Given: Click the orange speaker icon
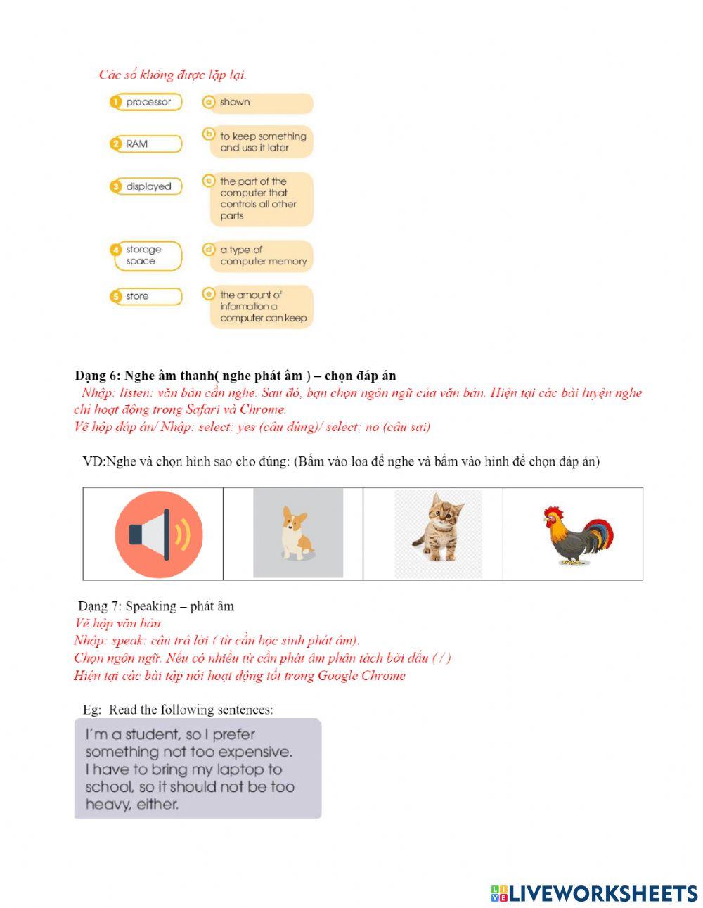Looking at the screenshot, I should [x=159, y=535].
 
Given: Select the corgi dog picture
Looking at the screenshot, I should [x=297, y=533].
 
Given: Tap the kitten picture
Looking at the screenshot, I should [x=438, y=533].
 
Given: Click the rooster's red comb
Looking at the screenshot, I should [x=554, y=513].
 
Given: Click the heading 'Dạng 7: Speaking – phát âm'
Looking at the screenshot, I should [x=156, y=606].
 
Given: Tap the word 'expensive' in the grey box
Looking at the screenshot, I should [x=254, y=752].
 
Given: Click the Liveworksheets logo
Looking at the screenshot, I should [x=594, y=893].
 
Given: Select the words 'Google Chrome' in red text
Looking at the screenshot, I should [x=361, y=676].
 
